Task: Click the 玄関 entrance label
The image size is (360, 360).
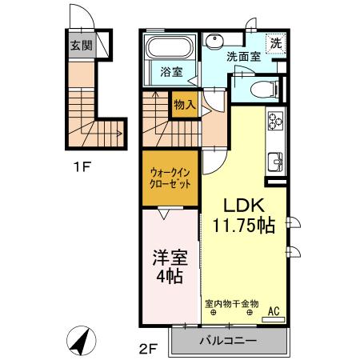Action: coord(81,44)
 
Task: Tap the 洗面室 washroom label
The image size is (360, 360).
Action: coord(242,57)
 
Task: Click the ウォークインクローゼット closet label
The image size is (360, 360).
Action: coord(170,176)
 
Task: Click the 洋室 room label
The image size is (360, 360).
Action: coord(170,259)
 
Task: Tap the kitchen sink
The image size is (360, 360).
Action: coord(276,160)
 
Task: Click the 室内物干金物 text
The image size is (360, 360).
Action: coord(231,303)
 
